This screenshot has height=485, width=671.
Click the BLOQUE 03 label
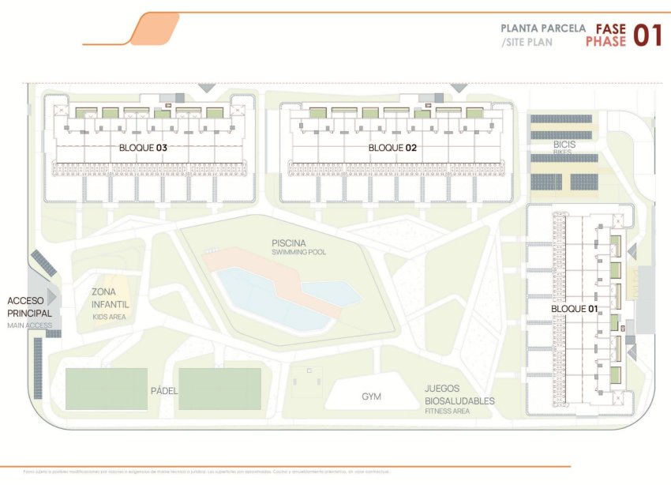143,148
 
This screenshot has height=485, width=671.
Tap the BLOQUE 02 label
392,148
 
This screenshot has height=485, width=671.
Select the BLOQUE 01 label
573,309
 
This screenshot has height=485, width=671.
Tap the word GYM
371,397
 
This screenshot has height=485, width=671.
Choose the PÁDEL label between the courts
163,391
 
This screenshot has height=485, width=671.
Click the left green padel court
107,389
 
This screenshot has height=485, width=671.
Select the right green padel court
219,389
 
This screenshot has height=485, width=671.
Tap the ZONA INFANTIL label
110,298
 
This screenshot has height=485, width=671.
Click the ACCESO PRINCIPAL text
30,306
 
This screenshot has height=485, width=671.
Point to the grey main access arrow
53,297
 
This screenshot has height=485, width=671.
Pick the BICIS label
564,145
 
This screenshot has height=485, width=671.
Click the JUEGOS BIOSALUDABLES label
459,395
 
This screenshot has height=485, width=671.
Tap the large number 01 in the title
646,35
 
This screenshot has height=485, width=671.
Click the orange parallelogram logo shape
153,29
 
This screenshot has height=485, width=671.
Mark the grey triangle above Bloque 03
206,88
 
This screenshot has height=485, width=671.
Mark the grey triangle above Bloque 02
458,88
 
